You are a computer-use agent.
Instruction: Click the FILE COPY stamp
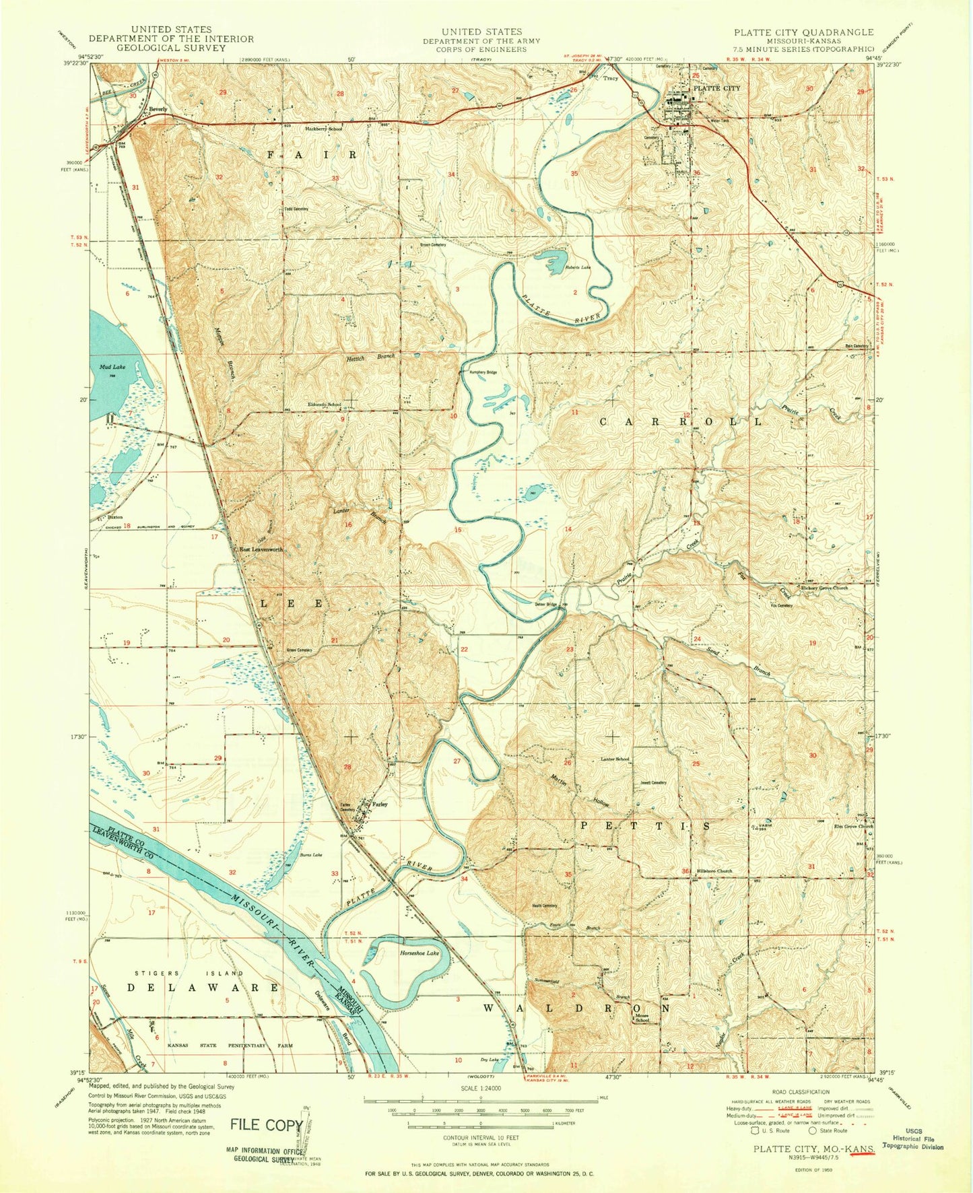266,1124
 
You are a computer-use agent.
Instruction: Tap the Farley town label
379,804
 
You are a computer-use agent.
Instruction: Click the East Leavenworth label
261,550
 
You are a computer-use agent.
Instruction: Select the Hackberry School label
324,128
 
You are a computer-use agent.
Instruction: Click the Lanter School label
615,759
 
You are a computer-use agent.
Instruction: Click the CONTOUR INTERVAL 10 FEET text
480,1138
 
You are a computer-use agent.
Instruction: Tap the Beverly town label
158,109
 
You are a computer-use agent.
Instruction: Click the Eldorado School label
325,405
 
